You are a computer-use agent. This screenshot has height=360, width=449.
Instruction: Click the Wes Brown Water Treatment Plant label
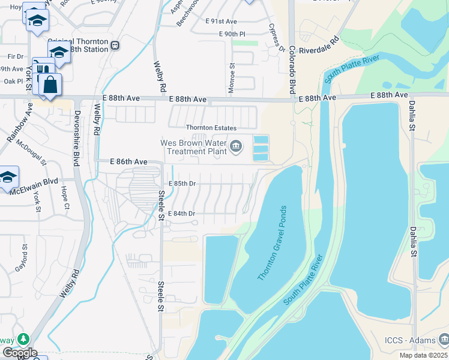point(192,148)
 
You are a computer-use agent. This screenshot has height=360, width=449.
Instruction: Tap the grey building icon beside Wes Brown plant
point(236,145)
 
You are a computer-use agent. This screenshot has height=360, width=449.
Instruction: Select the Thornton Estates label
point(211,128)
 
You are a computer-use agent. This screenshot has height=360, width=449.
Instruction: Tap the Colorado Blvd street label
point(292,70)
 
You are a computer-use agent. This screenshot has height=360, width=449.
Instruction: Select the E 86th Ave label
point(128,162)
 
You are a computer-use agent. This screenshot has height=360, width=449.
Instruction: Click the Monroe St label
point(232,78)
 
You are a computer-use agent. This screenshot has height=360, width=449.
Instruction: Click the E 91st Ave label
point(221,20)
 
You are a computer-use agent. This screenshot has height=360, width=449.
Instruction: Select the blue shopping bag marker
point(50,84)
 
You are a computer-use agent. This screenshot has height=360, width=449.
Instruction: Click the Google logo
point(19,353)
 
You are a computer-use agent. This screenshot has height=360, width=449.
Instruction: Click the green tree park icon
point(23,339)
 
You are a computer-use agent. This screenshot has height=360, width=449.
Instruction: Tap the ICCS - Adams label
point(409,340)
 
